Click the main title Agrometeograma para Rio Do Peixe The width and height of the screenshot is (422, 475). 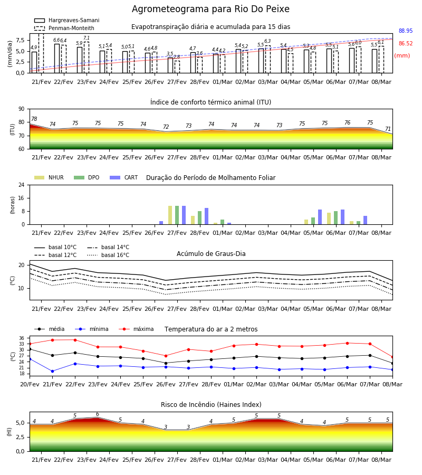click(210, 9)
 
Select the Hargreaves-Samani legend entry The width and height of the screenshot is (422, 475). click(66, 20)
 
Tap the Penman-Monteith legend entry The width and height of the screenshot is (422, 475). click(64, 28)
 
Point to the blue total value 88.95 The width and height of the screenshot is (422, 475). click(406, 31)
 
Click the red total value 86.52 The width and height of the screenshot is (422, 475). click(406, 44)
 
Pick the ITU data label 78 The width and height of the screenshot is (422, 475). click(34, 119)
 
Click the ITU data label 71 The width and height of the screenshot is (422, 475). click(388, 129)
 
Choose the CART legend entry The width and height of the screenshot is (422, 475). click(124, 177)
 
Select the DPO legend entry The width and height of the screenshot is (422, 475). click(87, 177)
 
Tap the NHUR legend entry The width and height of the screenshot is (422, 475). click(49, 177)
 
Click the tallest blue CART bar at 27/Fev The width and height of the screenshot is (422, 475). click(184, 215)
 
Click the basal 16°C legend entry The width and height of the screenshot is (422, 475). click(108, 255)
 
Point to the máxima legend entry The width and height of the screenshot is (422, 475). click(136, 329)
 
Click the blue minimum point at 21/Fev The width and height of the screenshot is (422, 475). click(52, 371)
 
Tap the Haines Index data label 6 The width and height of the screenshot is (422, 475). click(98, 414)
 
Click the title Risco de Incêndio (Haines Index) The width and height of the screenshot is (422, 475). click(211, 404)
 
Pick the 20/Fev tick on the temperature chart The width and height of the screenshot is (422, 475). click(30, 384)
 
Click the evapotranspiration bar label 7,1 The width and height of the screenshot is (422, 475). click(87, 38)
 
